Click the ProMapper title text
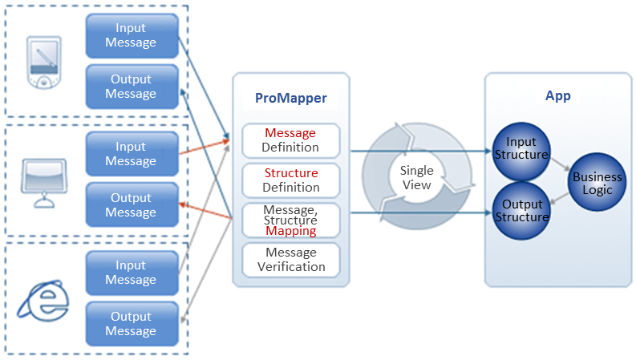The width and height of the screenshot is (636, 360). pyautogui.click(x=290, y=99)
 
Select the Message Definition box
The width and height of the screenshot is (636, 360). pyautogui.click(x=290, y=140)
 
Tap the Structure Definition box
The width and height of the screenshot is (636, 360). pyautogui.click(x=290, y=180)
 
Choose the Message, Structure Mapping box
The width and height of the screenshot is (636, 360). pyautogui.click(x=290, y=220)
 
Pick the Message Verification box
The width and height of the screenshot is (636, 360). pyautogui.click(x=290, y=260)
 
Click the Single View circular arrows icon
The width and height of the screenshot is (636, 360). pyautogui.click(x=415, y=178)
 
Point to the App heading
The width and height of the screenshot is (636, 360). pyautogui.click(x=557, y=96)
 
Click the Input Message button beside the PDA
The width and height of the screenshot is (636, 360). pyautogui.click(x=131, y=35)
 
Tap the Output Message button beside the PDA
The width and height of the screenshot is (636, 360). pyautogui.click(x=131, y=87)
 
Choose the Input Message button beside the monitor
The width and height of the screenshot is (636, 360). pyautogui.click(x=131, y=154)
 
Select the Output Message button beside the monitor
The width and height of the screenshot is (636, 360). pyautogui.click(x=131, y=205)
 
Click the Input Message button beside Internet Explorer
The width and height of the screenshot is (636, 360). pyautogui.click(x=131, y=273)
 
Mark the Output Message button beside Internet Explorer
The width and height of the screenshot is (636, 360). pyautogui.click(x=131, y=324)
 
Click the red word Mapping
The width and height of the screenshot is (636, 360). pyautogui.click(x=290, y=231)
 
